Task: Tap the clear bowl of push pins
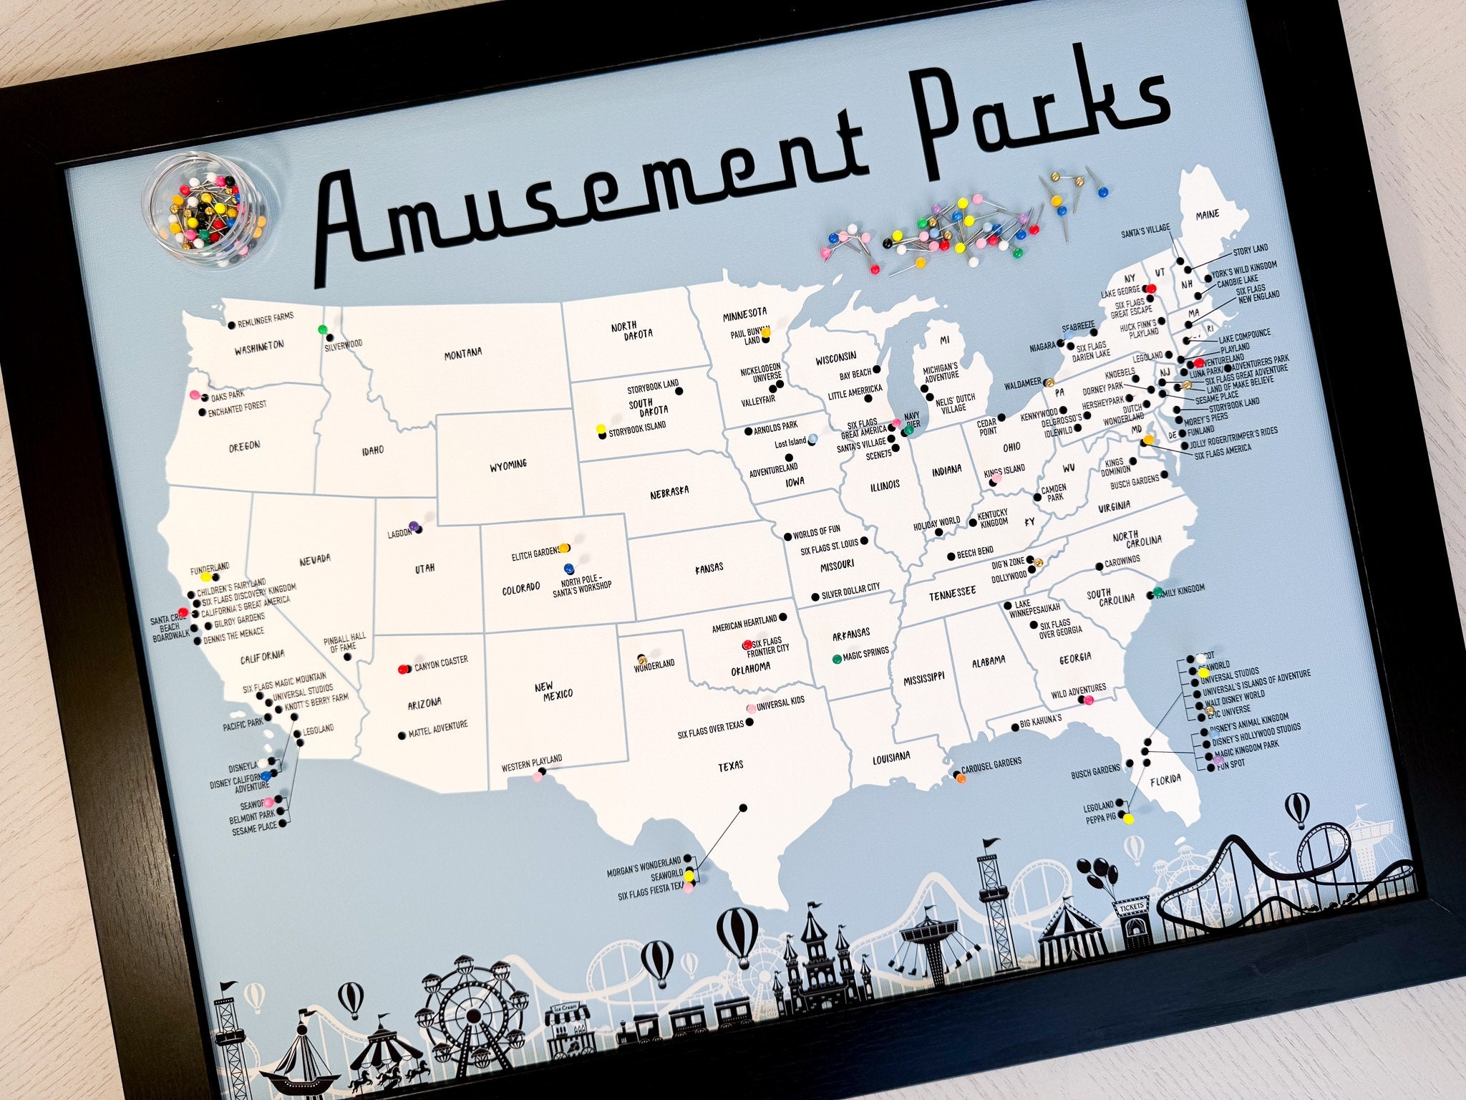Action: pos(205,218)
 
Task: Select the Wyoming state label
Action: pos(508,464)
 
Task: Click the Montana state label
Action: pos(463,352)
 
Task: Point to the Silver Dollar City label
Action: pos(850,588)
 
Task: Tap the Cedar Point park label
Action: pos(988,427)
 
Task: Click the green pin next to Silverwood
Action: pos(323,330)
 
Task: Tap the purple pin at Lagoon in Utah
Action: pos(413,526)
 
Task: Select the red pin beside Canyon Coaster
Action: pos(402,669)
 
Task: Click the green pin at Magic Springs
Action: pos(836,657)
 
